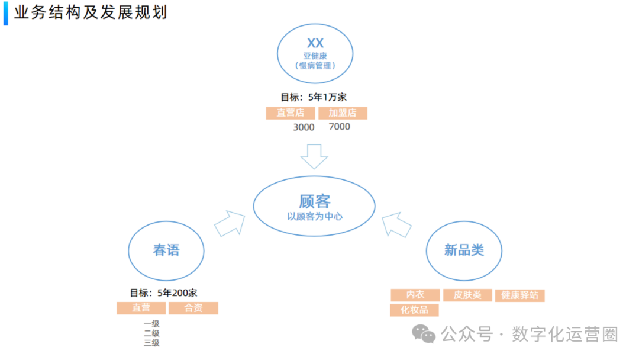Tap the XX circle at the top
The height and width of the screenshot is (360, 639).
pyautogui.click(x=315, y=53)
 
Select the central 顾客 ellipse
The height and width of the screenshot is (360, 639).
pyautogui.click(x=314, y=206)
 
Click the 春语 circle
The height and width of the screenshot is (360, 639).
pyautogui.click(x=166, y=250)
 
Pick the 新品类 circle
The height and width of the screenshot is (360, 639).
pyautogui.click(x=464, y=250)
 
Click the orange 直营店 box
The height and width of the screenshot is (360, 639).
pyautogui.click(x=290, y=113)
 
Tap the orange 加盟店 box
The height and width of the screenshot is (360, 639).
pyautogui.click(x=343, y=113)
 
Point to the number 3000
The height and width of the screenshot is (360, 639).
pyautogui.click(x=304, y=127)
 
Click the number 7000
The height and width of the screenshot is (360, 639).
pyautogui.click(x=339, y=127)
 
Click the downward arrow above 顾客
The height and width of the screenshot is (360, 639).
pyautogui.click(x=314, y=156)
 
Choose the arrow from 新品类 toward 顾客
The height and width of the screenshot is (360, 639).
pyautogui.click(x=396, y=224)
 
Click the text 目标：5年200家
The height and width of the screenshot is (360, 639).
pyautogui.click(x=163, y=292)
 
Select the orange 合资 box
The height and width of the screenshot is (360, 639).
pyautogui.click(x=193, y=308)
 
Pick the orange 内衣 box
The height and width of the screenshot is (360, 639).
pyautogui.click(x=415, y=295)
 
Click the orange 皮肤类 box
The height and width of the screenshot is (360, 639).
pyautogui.click(x=467, y=295)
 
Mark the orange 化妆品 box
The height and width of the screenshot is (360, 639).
pyautogui.click(x=414, y=310)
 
